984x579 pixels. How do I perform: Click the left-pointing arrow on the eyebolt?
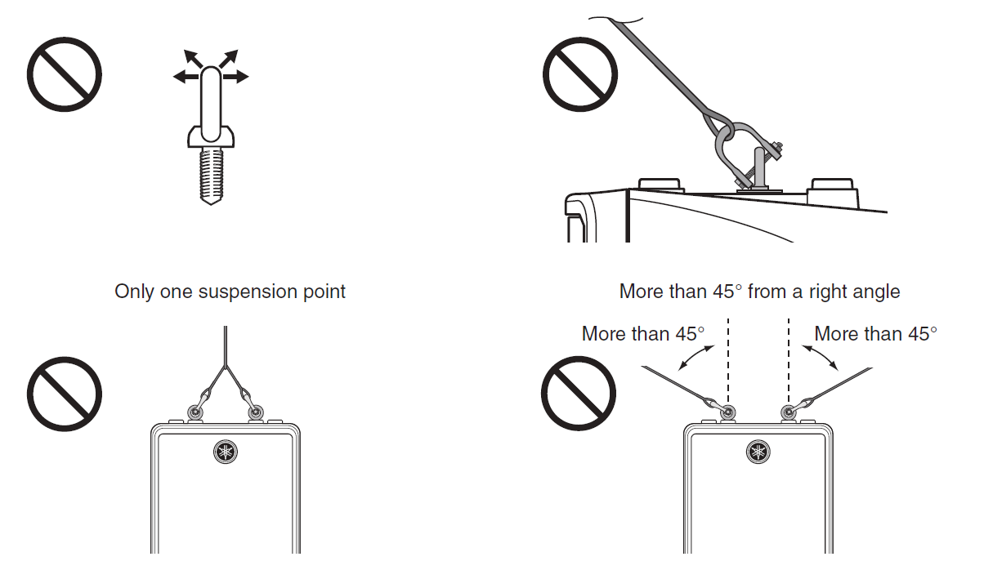(x=186, y=78)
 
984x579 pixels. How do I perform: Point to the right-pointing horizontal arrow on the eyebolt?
(x=236, y=77)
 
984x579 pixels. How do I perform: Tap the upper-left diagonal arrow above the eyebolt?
(x=192, y=58)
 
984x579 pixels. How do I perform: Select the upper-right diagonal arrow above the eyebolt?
(x=229, y=58)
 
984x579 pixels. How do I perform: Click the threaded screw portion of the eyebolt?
(x=212, y=176)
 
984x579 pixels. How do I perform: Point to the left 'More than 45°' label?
(x=643, y=334)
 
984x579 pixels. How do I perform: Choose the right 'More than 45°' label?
(x=875, y=334)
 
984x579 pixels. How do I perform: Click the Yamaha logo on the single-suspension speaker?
(x=226, y=452)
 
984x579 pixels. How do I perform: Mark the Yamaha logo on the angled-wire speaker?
(x=758, y=452)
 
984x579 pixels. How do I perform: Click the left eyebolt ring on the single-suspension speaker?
(x=195, y=412)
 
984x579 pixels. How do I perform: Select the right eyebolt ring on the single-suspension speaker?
(x=255, y=412)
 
